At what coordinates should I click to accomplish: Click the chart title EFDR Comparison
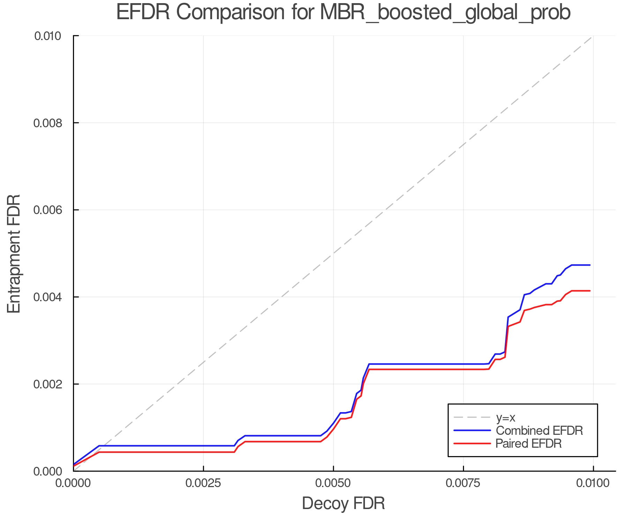tap(343, 13)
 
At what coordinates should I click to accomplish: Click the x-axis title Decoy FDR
tap(343, 503)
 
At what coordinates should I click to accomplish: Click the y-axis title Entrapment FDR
tap(14, 253)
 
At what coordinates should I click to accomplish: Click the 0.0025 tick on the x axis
tap(203, 483)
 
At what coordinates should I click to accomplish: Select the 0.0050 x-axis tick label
tap(333, 483)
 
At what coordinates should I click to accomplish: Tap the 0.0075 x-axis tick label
tap(463, 483)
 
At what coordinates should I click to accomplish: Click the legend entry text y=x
tap(506, 417)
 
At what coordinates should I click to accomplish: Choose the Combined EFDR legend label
tap(539, 431)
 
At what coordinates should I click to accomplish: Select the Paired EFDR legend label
tap(529, 444)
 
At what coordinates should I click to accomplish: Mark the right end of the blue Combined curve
tap(590, 265)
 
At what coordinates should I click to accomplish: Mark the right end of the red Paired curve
tap(590, 291)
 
